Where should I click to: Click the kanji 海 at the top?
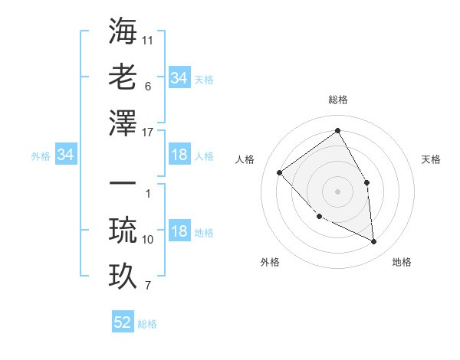point(123,31)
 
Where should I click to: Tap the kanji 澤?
point(123,123)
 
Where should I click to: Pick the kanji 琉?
point(123,231)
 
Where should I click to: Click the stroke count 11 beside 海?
point(148,38)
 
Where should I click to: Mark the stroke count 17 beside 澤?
point(149,133)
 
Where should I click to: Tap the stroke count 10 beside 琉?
point(148,240)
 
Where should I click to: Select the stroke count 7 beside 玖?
point(148,286)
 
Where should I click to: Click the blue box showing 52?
point(123,322)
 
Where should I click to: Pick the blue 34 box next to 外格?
point(66,155)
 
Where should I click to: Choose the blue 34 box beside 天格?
point(179,78)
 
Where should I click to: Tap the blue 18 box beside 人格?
point(179,155)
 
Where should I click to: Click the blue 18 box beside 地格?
point(179,232)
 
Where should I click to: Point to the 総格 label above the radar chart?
point(337,100)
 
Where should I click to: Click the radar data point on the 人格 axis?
point(280,172)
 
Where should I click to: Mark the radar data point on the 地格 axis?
point(373,241)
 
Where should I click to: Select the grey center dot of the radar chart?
point(337,191)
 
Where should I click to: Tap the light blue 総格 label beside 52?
point(147,324)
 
